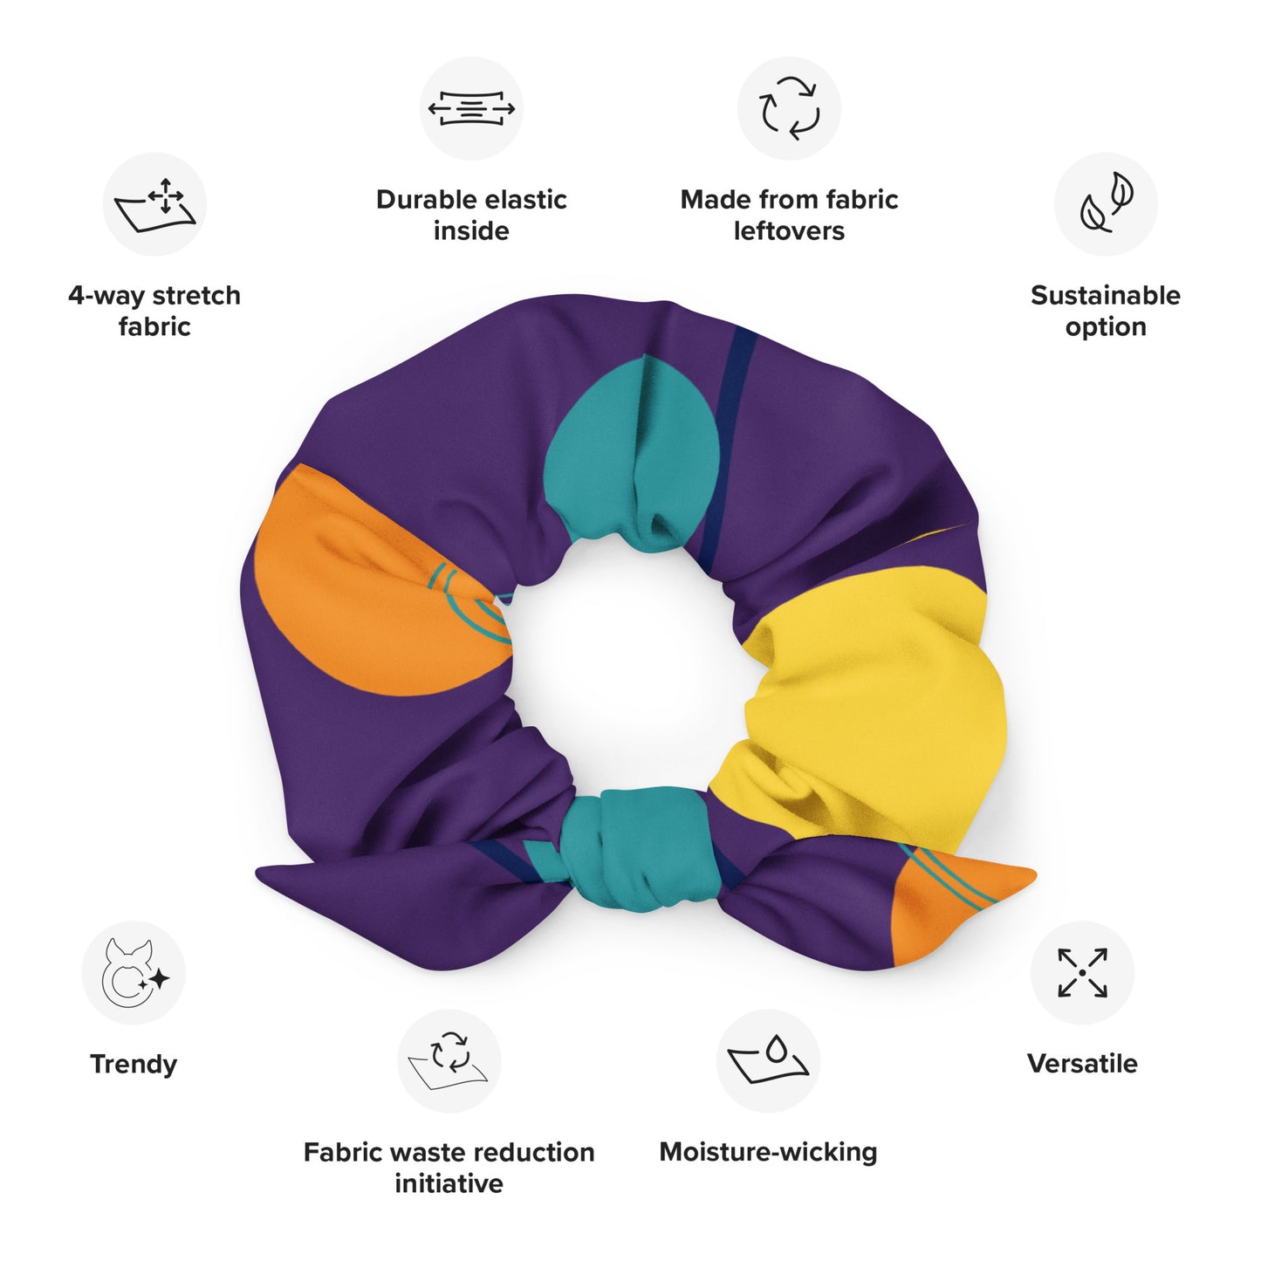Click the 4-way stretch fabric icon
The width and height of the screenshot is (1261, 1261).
154,205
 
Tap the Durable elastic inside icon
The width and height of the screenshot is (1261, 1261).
471,109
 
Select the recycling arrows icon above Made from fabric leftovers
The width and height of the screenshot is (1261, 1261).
789,109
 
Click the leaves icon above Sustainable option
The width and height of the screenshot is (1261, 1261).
1106,205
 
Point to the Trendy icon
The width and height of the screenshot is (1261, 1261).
134,973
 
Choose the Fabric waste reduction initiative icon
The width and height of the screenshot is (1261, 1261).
449,1061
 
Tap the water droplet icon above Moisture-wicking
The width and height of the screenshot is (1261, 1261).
768,1061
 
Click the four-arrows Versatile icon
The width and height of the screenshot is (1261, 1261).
1082,973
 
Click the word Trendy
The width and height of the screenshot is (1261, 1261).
134,1064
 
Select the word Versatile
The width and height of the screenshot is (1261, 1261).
1082,1064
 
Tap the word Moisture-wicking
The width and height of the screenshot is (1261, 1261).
768,1152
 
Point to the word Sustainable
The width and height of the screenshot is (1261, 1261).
1105,295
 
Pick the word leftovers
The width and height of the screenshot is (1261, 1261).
789,231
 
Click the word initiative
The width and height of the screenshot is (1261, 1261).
449,1183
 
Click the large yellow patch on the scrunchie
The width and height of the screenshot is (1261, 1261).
873,689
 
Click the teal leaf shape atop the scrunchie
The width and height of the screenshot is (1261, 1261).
633,445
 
